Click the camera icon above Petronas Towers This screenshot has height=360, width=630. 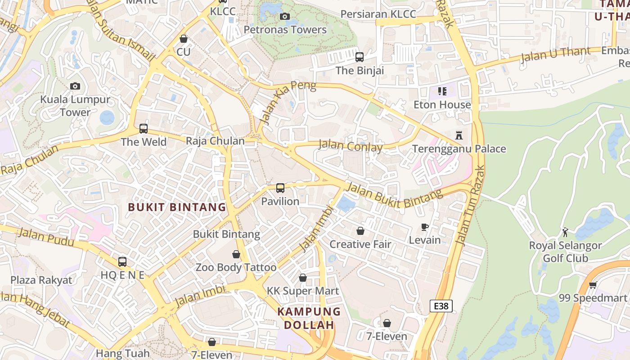(284, 17)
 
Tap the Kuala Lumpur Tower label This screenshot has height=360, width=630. (75, 106)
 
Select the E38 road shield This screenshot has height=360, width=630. (441, 306)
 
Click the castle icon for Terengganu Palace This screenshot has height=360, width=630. (459, 135)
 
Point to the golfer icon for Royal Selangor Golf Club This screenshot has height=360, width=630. (565, 232)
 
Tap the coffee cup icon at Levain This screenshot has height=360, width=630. (424, 227)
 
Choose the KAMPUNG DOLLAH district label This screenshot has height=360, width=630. (309, 318)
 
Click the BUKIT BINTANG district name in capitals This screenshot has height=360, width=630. (177, 207)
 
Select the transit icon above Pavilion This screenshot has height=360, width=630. (280, 188)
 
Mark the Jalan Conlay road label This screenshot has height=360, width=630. (351, 146)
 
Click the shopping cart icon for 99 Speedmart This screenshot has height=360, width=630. (593, 285)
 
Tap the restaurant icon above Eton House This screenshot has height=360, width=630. (442, 91)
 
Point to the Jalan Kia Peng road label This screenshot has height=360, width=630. (288, 103)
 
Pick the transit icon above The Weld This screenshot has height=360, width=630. (143, 129)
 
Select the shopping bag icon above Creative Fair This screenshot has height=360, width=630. (360, 231)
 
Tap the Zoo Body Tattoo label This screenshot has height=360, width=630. (236, 267)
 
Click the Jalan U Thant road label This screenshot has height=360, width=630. (555, 55)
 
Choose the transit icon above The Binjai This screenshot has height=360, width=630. (359, 57)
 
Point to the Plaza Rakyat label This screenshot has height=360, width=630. (41, 280)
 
